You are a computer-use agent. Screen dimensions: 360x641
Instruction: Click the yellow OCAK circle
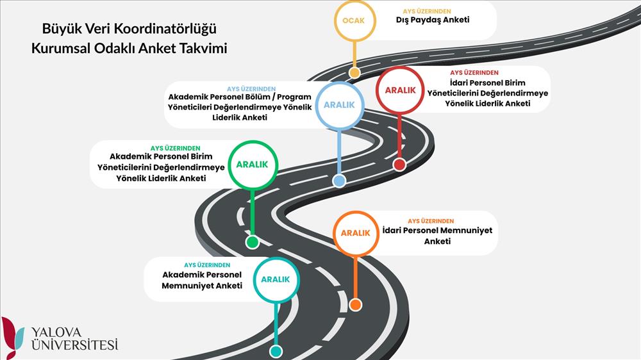click(x=353, y=20)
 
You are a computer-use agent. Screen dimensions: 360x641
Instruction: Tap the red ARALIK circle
click(x=400, y=90)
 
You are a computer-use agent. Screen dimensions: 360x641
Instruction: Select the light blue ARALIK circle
click(x=339, y=105)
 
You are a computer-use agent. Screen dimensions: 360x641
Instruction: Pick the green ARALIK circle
click(x=254, y=165)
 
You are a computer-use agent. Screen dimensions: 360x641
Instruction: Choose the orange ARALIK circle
click(x=355, y=233)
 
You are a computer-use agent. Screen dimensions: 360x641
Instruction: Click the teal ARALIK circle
click(x=276, y=279)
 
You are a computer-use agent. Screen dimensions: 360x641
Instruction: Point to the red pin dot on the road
click(x=399, y=165)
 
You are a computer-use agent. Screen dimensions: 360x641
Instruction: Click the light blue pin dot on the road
click(x=339, y=181)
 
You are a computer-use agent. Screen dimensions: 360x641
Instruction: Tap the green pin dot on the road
click(x=253, y=242)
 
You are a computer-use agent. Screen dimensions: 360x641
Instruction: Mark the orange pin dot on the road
click(x=355, y=305)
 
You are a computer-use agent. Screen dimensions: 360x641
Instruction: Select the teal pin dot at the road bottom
click(x=276, y=351)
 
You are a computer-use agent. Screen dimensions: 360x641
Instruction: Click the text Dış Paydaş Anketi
click(x=433, y=20)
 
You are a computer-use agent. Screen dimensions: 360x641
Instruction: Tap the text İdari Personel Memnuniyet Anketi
click(x=437, y=236)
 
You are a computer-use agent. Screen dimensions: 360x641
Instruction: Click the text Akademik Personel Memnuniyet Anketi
click(x=202, y=280)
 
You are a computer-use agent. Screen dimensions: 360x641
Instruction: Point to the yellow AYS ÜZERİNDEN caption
click(x=426, y=11)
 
